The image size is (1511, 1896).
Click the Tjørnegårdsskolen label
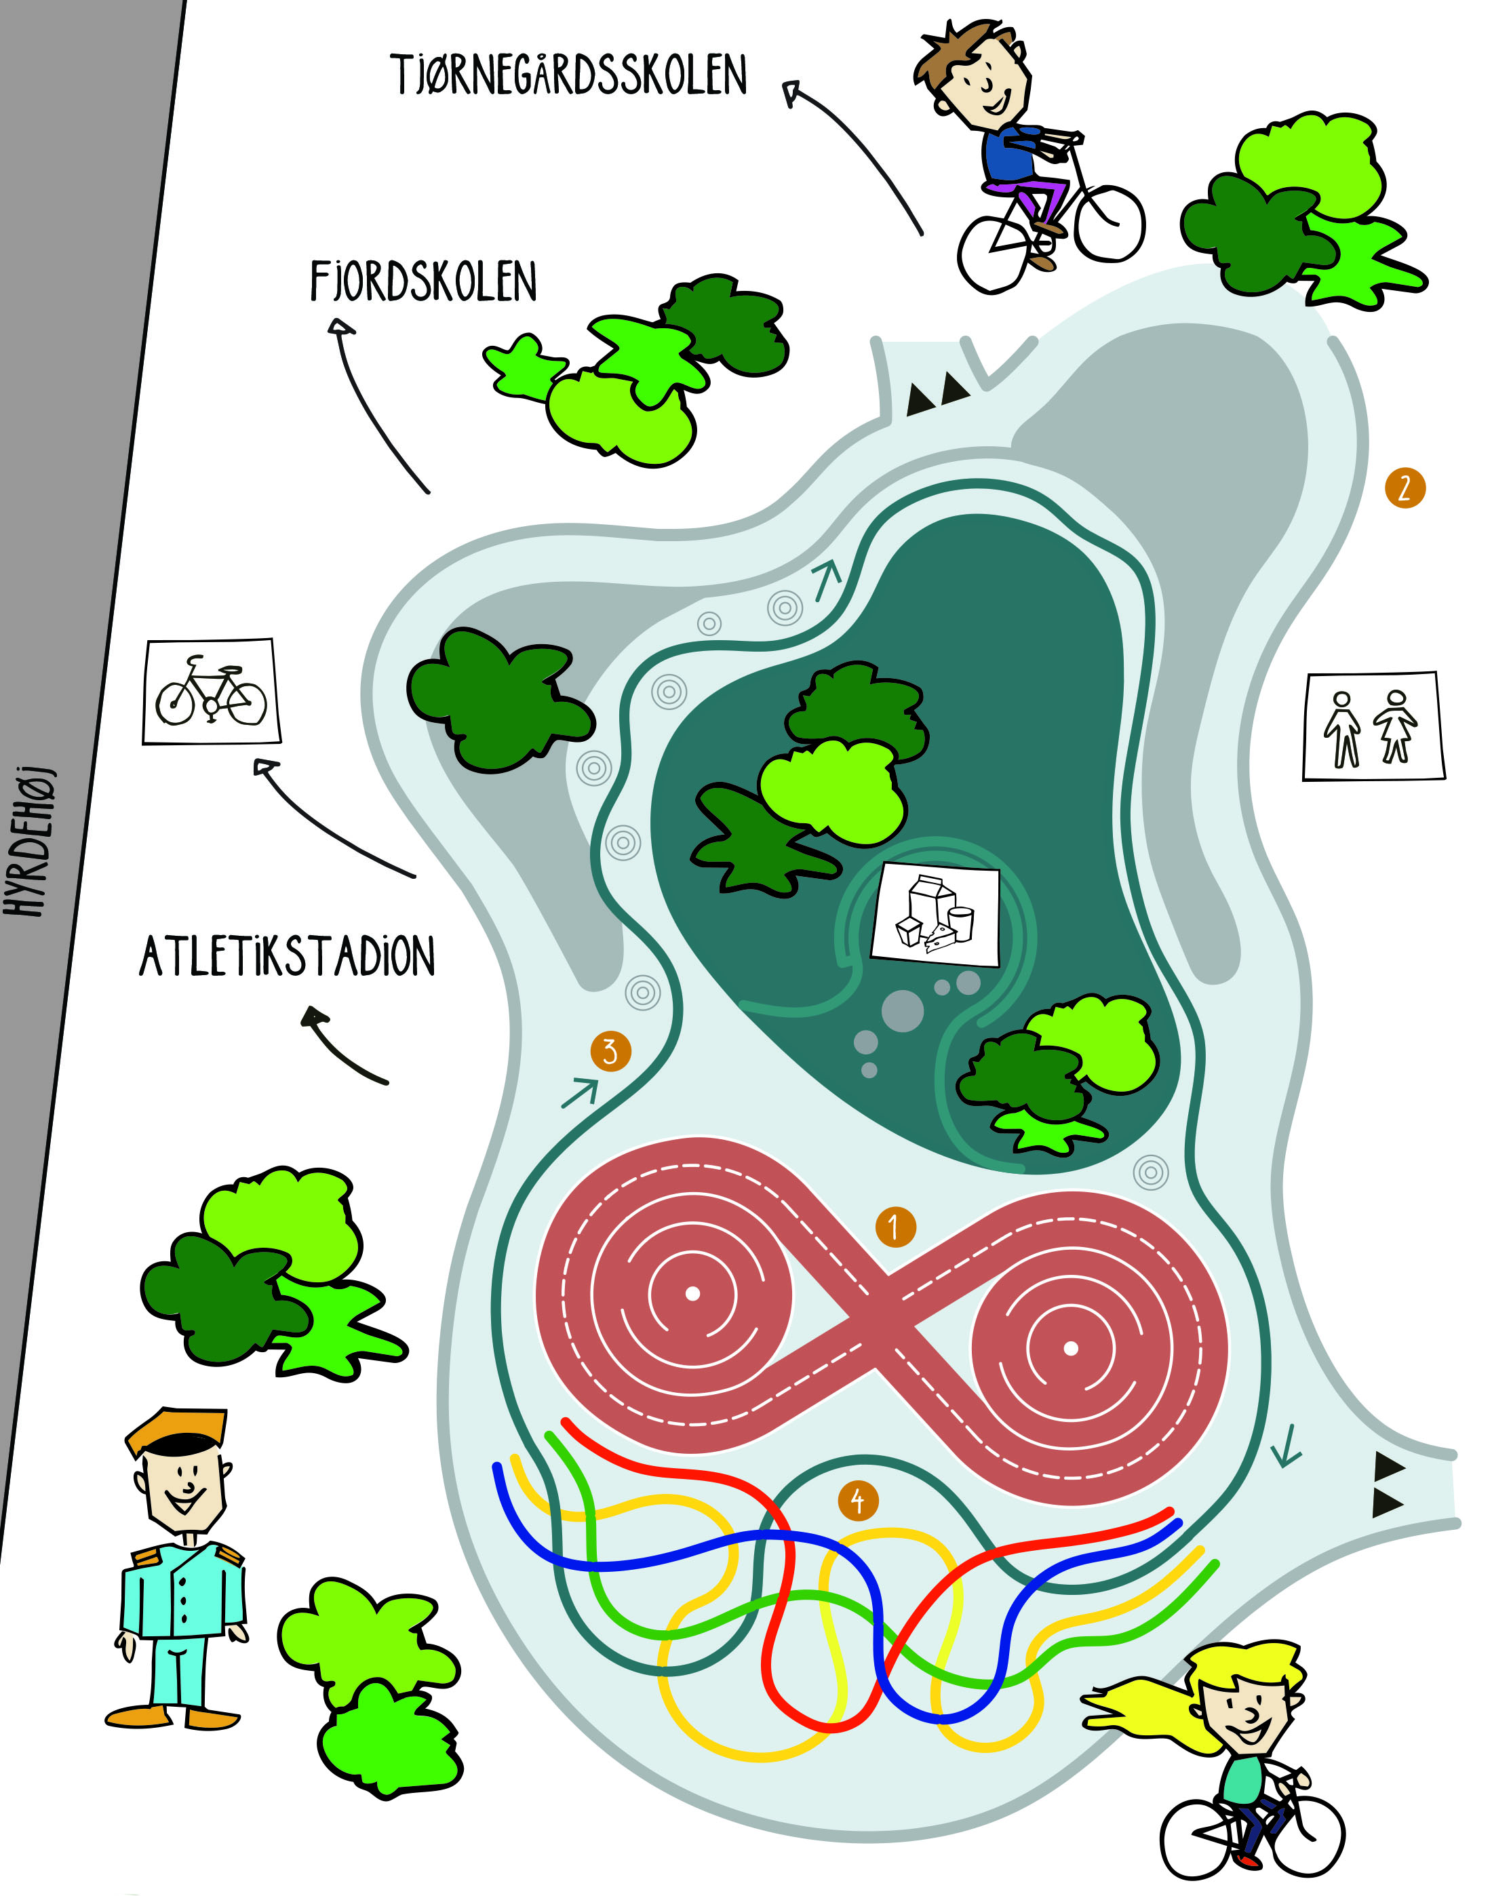(569, 74)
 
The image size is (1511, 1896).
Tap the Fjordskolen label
(423, 281)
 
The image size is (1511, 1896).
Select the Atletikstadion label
(288, 956)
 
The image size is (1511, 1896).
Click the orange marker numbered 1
(895, 1226)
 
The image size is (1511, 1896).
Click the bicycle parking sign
(211, 691)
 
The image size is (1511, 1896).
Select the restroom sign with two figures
(1373, 726)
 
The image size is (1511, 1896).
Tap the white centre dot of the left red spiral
(692, 1292)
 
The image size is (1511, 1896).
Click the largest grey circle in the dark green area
(903, 1010)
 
